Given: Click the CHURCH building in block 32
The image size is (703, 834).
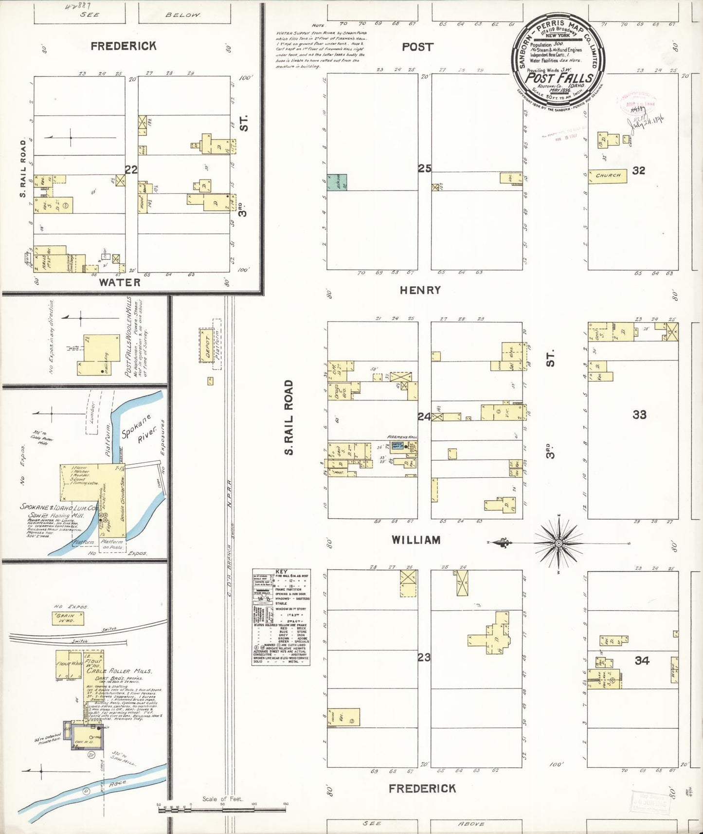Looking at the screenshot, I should tap(608, 175).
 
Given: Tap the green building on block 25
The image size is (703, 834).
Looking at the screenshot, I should tap(337, 182).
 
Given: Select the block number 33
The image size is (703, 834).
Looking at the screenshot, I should tap(639, 415).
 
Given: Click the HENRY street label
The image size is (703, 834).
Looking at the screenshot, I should tap(420, 290).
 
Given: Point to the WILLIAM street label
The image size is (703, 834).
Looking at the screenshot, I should tap(416, 540).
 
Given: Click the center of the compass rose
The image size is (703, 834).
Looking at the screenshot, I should tap(559, 543).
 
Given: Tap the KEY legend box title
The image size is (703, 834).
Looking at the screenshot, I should tap(281, 572).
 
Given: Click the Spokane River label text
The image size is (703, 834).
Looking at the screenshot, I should tap(141, 428).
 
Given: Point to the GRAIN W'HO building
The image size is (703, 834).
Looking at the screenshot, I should tap(68, 618).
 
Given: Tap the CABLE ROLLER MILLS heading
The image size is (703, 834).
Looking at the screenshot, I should tap(119, 671).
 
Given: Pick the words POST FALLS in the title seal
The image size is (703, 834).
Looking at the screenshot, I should tap(559, 78).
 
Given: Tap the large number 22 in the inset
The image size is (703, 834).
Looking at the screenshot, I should tap(131, 169).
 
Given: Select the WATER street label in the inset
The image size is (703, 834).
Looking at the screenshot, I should tap(120, 282).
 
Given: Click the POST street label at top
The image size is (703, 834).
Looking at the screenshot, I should tap(417, 47).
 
